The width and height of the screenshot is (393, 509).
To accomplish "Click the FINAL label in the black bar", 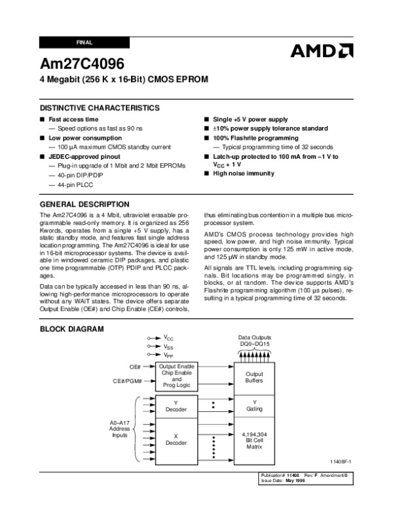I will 84,42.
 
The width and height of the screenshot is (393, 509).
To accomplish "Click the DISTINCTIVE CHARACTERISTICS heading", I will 100,108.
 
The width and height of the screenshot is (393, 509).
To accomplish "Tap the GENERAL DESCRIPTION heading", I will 84,204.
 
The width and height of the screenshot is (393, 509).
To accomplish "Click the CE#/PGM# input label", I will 127,380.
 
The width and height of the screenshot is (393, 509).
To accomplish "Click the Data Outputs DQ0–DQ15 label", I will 254,341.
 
